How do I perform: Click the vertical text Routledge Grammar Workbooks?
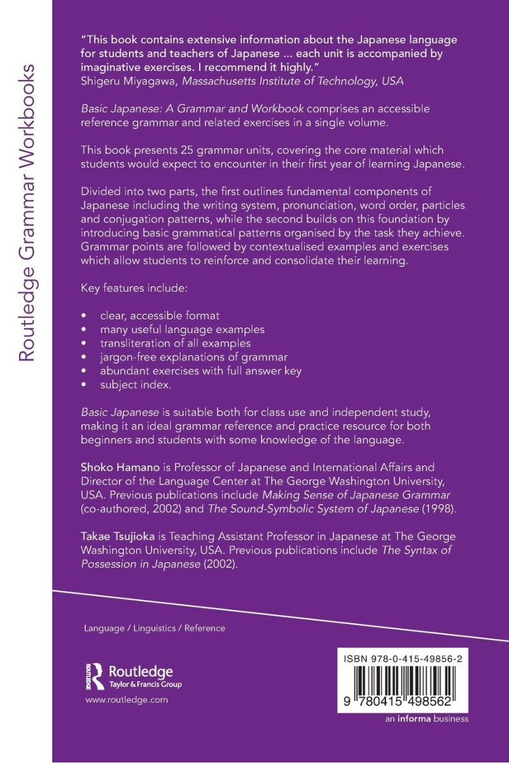[27, 213]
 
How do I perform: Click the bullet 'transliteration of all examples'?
[170, 343]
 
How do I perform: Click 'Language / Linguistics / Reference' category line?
[155, 628]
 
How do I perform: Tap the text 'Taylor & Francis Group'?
[145, 685]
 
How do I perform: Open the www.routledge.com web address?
[126, 700]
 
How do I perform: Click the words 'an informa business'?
[427, 719]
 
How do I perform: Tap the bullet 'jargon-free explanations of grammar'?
[193, 357]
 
